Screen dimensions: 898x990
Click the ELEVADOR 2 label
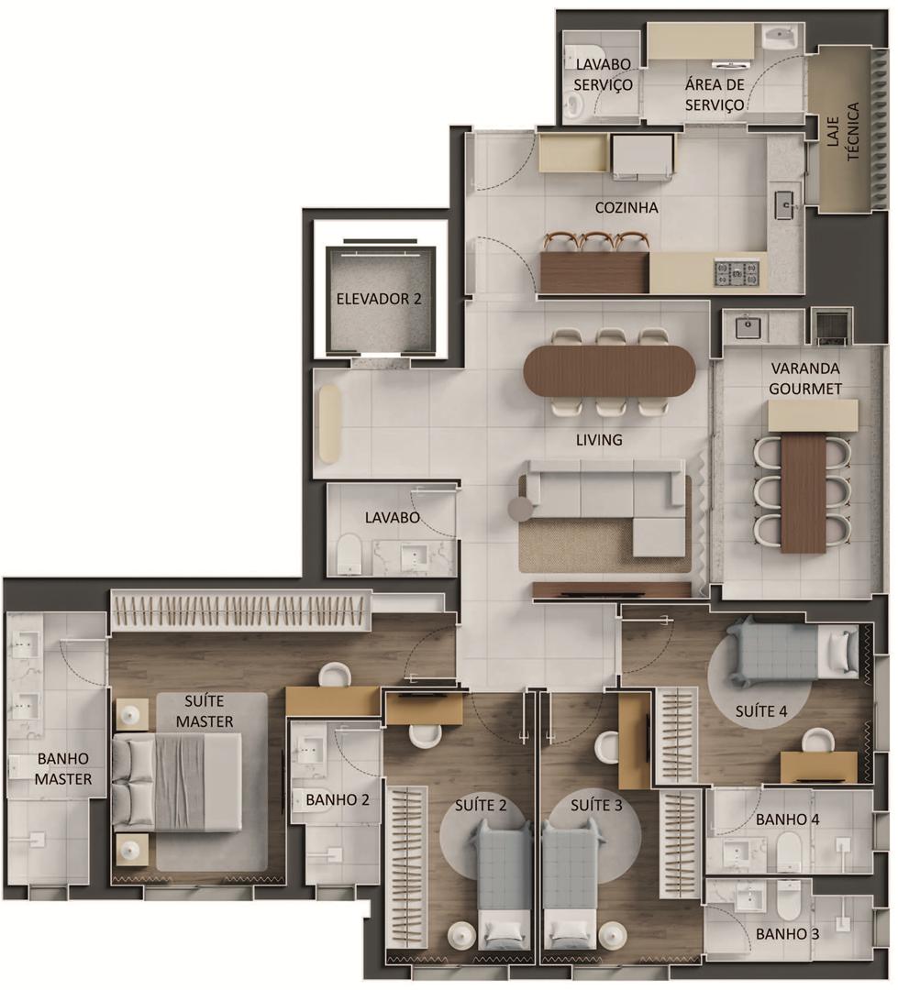click(379, 299)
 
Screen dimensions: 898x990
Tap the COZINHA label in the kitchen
click(626, 207)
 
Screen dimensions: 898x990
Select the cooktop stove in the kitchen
click(737, 273)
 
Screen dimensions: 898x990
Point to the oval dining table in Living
click(609, 370)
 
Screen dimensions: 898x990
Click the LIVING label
click(599, 439)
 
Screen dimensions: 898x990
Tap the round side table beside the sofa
click(523, 507)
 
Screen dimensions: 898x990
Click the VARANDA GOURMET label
click(805, 379)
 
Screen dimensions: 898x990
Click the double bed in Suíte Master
click(177, 783)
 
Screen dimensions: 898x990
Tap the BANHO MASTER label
click(63, 768)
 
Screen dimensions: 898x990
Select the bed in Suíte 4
click(793, 653)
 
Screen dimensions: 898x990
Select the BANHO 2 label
click(338, 800)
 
